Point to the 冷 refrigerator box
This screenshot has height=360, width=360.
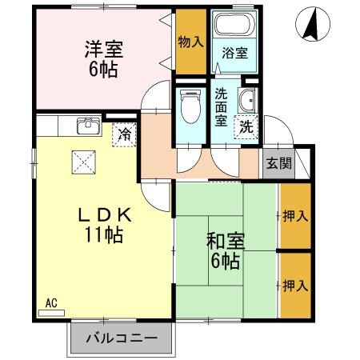point(124,134)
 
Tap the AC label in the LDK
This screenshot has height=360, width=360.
point(51,303)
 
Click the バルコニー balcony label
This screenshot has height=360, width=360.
point(120,338)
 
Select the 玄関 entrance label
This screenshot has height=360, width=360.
point(278,165)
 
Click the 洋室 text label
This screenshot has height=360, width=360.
point(102,47)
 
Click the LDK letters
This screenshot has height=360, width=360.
point(102,215)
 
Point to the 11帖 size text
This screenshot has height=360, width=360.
point(102,236)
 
